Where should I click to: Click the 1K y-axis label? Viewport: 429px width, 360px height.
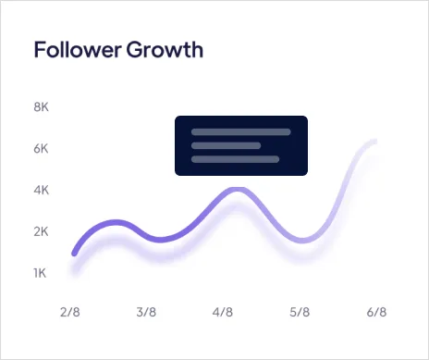(41, 272)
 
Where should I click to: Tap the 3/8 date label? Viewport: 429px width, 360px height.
(145, 313)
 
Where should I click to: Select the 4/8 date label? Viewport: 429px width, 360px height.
(222, 313)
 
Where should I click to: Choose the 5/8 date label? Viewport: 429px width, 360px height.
(299, 313)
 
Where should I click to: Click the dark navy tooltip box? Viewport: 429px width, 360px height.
(240, 145)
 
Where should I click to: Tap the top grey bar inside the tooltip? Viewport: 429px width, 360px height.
(240, 131)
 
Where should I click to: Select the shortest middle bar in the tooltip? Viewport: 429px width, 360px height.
(226, 145)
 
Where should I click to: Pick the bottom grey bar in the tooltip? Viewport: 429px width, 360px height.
(235, 159)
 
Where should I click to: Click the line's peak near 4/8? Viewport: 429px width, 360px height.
(237, 190)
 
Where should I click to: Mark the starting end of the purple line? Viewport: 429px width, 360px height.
(75, 252)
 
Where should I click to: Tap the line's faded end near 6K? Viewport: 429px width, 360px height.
(374, 142)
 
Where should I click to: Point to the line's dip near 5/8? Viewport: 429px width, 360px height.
(309, 241)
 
